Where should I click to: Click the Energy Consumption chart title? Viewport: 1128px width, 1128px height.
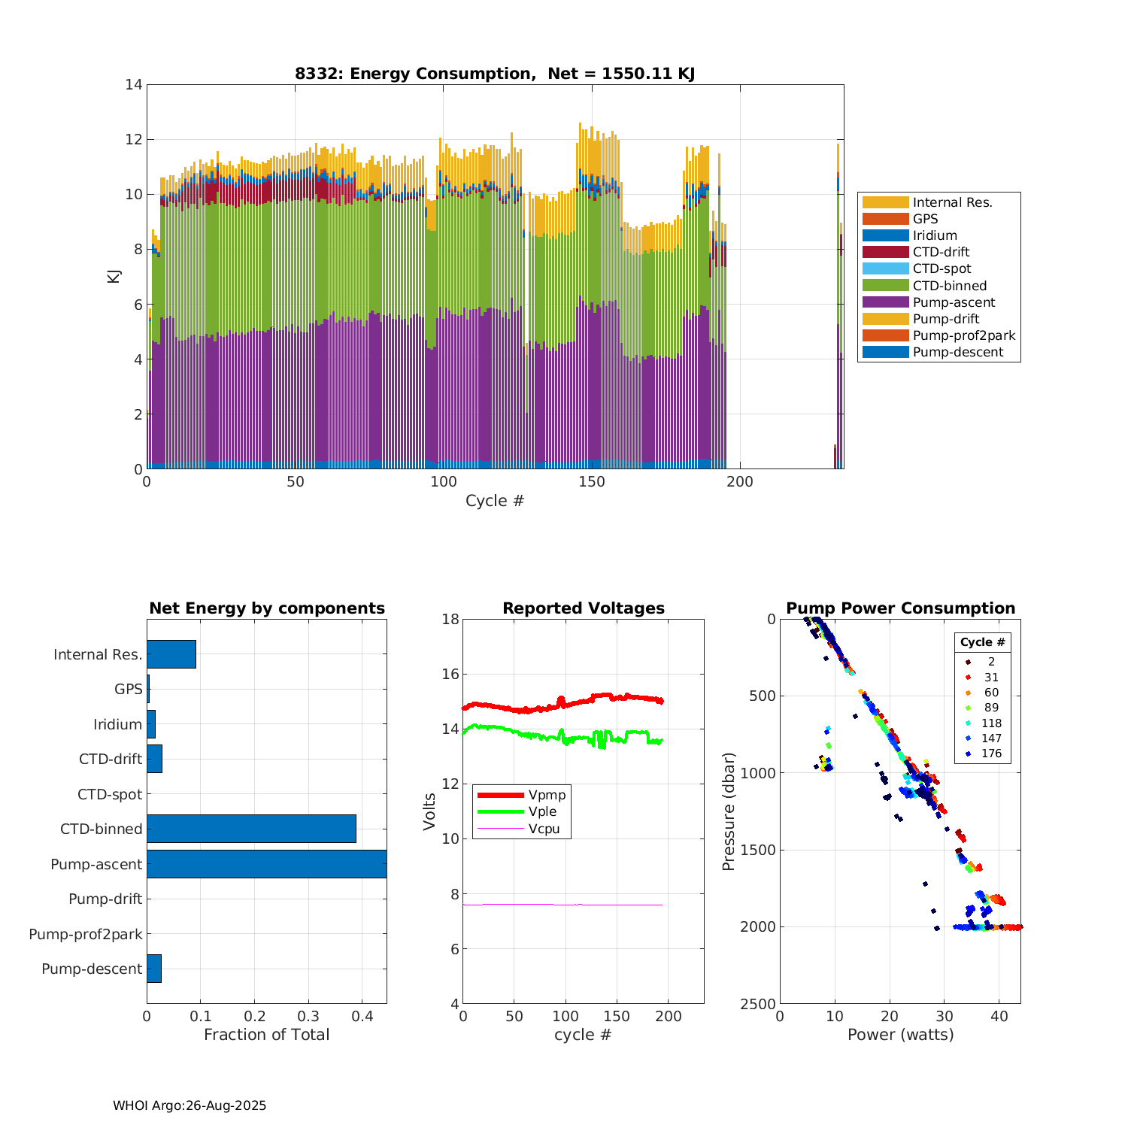click(x=494, y=74)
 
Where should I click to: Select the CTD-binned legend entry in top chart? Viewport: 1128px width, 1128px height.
click(x=950, y=286)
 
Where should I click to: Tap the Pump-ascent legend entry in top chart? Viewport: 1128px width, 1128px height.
click(x=954, y=302)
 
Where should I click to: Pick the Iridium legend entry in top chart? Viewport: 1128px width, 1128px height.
click(x=935, y=235)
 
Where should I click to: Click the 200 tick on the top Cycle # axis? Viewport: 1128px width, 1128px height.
click(x=740, y=482)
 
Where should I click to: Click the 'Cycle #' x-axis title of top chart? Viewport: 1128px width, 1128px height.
click(x=494, y=501)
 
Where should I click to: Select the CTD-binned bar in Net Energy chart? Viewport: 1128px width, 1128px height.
click(x=251, y=829)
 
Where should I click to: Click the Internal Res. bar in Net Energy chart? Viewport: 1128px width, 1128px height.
click(x=171, y=654)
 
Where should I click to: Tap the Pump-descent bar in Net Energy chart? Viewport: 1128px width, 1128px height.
click(x=154, y=969)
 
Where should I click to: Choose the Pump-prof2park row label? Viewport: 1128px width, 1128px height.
click(x=86, y=934)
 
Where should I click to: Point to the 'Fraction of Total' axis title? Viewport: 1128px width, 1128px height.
click(x=266, y=1035)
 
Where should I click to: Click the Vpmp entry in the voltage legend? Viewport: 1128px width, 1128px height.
click(x=547, y=795)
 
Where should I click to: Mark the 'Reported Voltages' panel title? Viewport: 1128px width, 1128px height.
click(x=584, y=608)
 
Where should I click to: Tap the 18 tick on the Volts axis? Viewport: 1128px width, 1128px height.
click(x=450, y=620)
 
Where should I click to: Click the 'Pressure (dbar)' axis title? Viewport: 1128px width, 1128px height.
click(x=728, y=811)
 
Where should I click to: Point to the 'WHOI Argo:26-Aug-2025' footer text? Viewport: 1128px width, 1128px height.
click(x=190, y=1106)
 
